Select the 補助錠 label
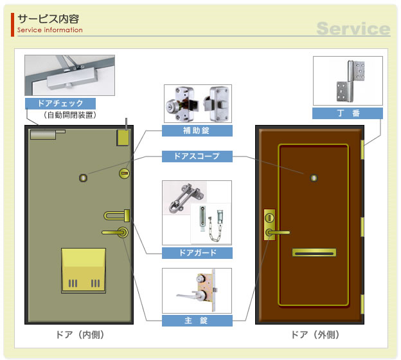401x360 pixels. (x=197, y=131)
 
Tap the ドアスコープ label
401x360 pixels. (x=197, y=156)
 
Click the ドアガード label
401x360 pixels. (x=197, y=253)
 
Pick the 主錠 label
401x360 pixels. (x=197, y=321)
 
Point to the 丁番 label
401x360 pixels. (x=347, y=113)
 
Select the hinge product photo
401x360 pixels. (x=347, y=81)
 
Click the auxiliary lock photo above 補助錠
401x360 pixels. (x=197, y=104)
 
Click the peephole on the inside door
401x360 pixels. (x=83, y=176)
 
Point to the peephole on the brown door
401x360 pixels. (x=314, y=176)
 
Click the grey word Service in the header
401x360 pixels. (x=353, y=29)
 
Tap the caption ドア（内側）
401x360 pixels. (x=80, y=335)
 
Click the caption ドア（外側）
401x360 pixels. (x=314, y=335)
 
